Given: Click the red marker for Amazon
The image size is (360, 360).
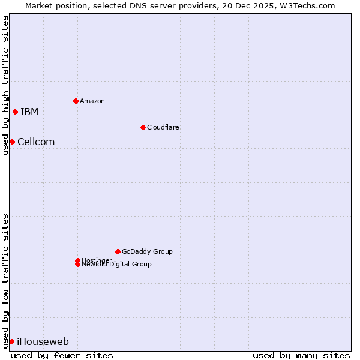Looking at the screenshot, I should click(x=76, y=101).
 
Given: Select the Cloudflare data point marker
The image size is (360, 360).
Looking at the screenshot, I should click(x=143, y=127).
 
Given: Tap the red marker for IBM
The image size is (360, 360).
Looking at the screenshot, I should click(x=15, y=112).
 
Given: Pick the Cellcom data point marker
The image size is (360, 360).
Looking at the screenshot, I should click(x=12, y=142).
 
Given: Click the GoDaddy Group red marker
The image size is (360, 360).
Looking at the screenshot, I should click(x=118, y=251).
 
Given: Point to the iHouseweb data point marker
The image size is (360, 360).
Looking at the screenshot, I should click(x=11, y=341).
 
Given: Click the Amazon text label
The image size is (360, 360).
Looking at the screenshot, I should click(x=92, y=101).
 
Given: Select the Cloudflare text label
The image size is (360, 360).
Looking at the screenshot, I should click(x=163, y=127).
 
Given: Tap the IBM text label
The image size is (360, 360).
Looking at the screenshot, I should click(x=29, y=112).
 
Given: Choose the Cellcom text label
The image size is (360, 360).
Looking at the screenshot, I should click(x=36, y=142).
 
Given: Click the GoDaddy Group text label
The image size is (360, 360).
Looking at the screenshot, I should click(x=147, y=251).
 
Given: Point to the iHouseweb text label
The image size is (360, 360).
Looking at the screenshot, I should click(x=43, y=342).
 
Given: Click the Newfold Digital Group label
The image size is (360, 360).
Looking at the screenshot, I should click(x=117, y=265).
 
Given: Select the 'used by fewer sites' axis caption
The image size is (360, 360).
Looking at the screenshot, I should click(x=62, y=355).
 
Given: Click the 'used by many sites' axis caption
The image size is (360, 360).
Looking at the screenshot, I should click(x=301, y=355).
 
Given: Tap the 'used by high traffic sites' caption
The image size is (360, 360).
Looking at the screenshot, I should click(x=5, y=85).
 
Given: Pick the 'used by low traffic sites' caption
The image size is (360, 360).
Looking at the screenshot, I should click(x=5, y=281).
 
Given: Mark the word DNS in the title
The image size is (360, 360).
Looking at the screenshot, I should click(x=136, y=5).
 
